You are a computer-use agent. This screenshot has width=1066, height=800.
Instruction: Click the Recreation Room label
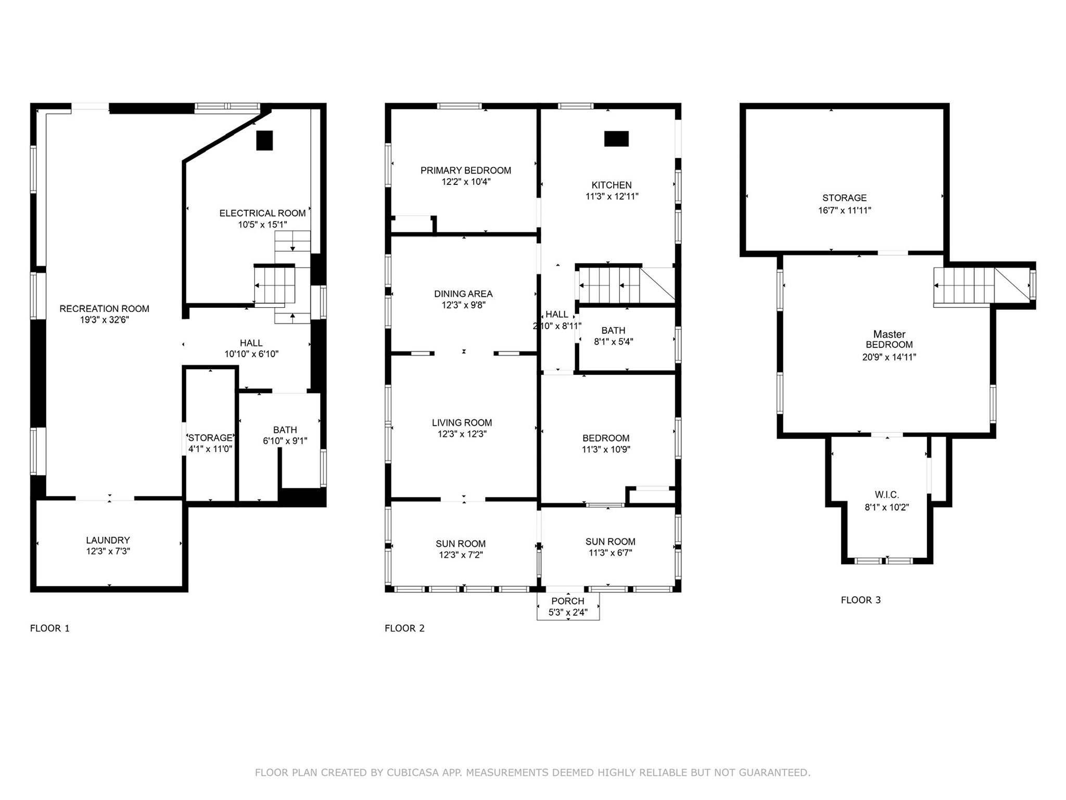(x=104, y=308)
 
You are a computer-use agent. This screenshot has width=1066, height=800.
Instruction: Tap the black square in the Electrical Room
(x=264, y=140)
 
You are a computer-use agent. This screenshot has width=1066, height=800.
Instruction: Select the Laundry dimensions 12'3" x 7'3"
(x=108, y=552)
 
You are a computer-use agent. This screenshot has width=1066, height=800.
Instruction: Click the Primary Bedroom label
(x=465, y=170)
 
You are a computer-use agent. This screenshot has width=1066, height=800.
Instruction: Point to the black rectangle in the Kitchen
(x=616, y=139)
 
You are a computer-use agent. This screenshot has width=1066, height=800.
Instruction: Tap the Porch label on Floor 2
(x=567, y=601)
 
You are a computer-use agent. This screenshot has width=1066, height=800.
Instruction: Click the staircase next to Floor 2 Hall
(x=609, y=285)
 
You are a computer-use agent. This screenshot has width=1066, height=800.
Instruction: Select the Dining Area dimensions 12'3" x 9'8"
(x=463, y=305)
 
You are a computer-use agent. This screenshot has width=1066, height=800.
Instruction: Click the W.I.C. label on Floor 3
(x=886, y=495)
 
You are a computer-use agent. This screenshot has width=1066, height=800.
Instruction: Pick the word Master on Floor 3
(x=889, y=334)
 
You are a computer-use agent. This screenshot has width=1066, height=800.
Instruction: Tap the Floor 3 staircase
(x=964, y=285)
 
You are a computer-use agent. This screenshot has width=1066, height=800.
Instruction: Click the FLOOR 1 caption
(x=49, y=628)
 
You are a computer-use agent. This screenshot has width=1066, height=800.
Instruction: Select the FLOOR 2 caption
(x=404, y=628)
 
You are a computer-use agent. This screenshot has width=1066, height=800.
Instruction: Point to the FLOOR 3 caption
(x=860, y=600)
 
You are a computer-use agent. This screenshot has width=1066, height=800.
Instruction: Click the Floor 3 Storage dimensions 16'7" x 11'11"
(x=844, y=210)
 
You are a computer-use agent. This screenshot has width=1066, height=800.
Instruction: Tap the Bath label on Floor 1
(x=285, y=430)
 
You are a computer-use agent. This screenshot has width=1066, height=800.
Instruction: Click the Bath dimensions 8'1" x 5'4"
(x=613, y=342)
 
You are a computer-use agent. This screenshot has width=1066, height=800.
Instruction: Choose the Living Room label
(x=462, y=423)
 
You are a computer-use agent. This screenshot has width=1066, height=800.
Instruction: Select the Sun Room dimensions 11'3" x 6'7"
(x=610, y=553)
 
